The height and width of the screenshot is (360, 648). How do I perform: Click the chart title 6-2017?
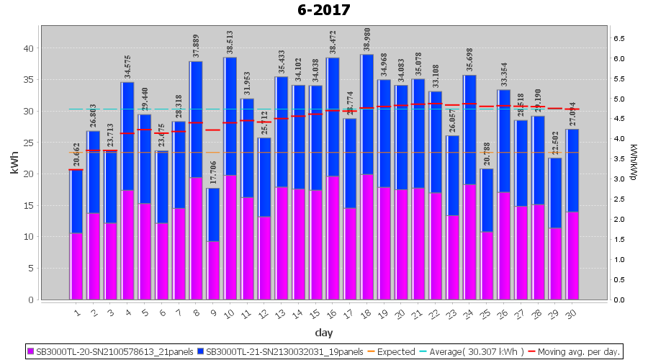point(324,10)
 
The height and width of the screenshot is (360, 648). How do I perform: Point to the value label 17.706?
point(213,170)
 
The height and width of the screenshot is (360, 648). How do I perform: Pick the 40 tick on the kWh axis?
point(30,48)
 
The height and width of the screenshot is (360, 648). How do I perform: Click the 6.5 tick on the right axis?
point(618,38)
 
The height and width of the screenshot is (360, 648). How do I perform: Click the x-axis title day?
point(324,332)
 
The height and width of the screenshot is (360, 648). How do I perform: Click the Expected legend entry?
point(393,352)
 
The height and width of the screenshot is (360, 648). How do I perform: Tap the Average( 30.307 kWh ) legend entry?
point(475,352)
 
